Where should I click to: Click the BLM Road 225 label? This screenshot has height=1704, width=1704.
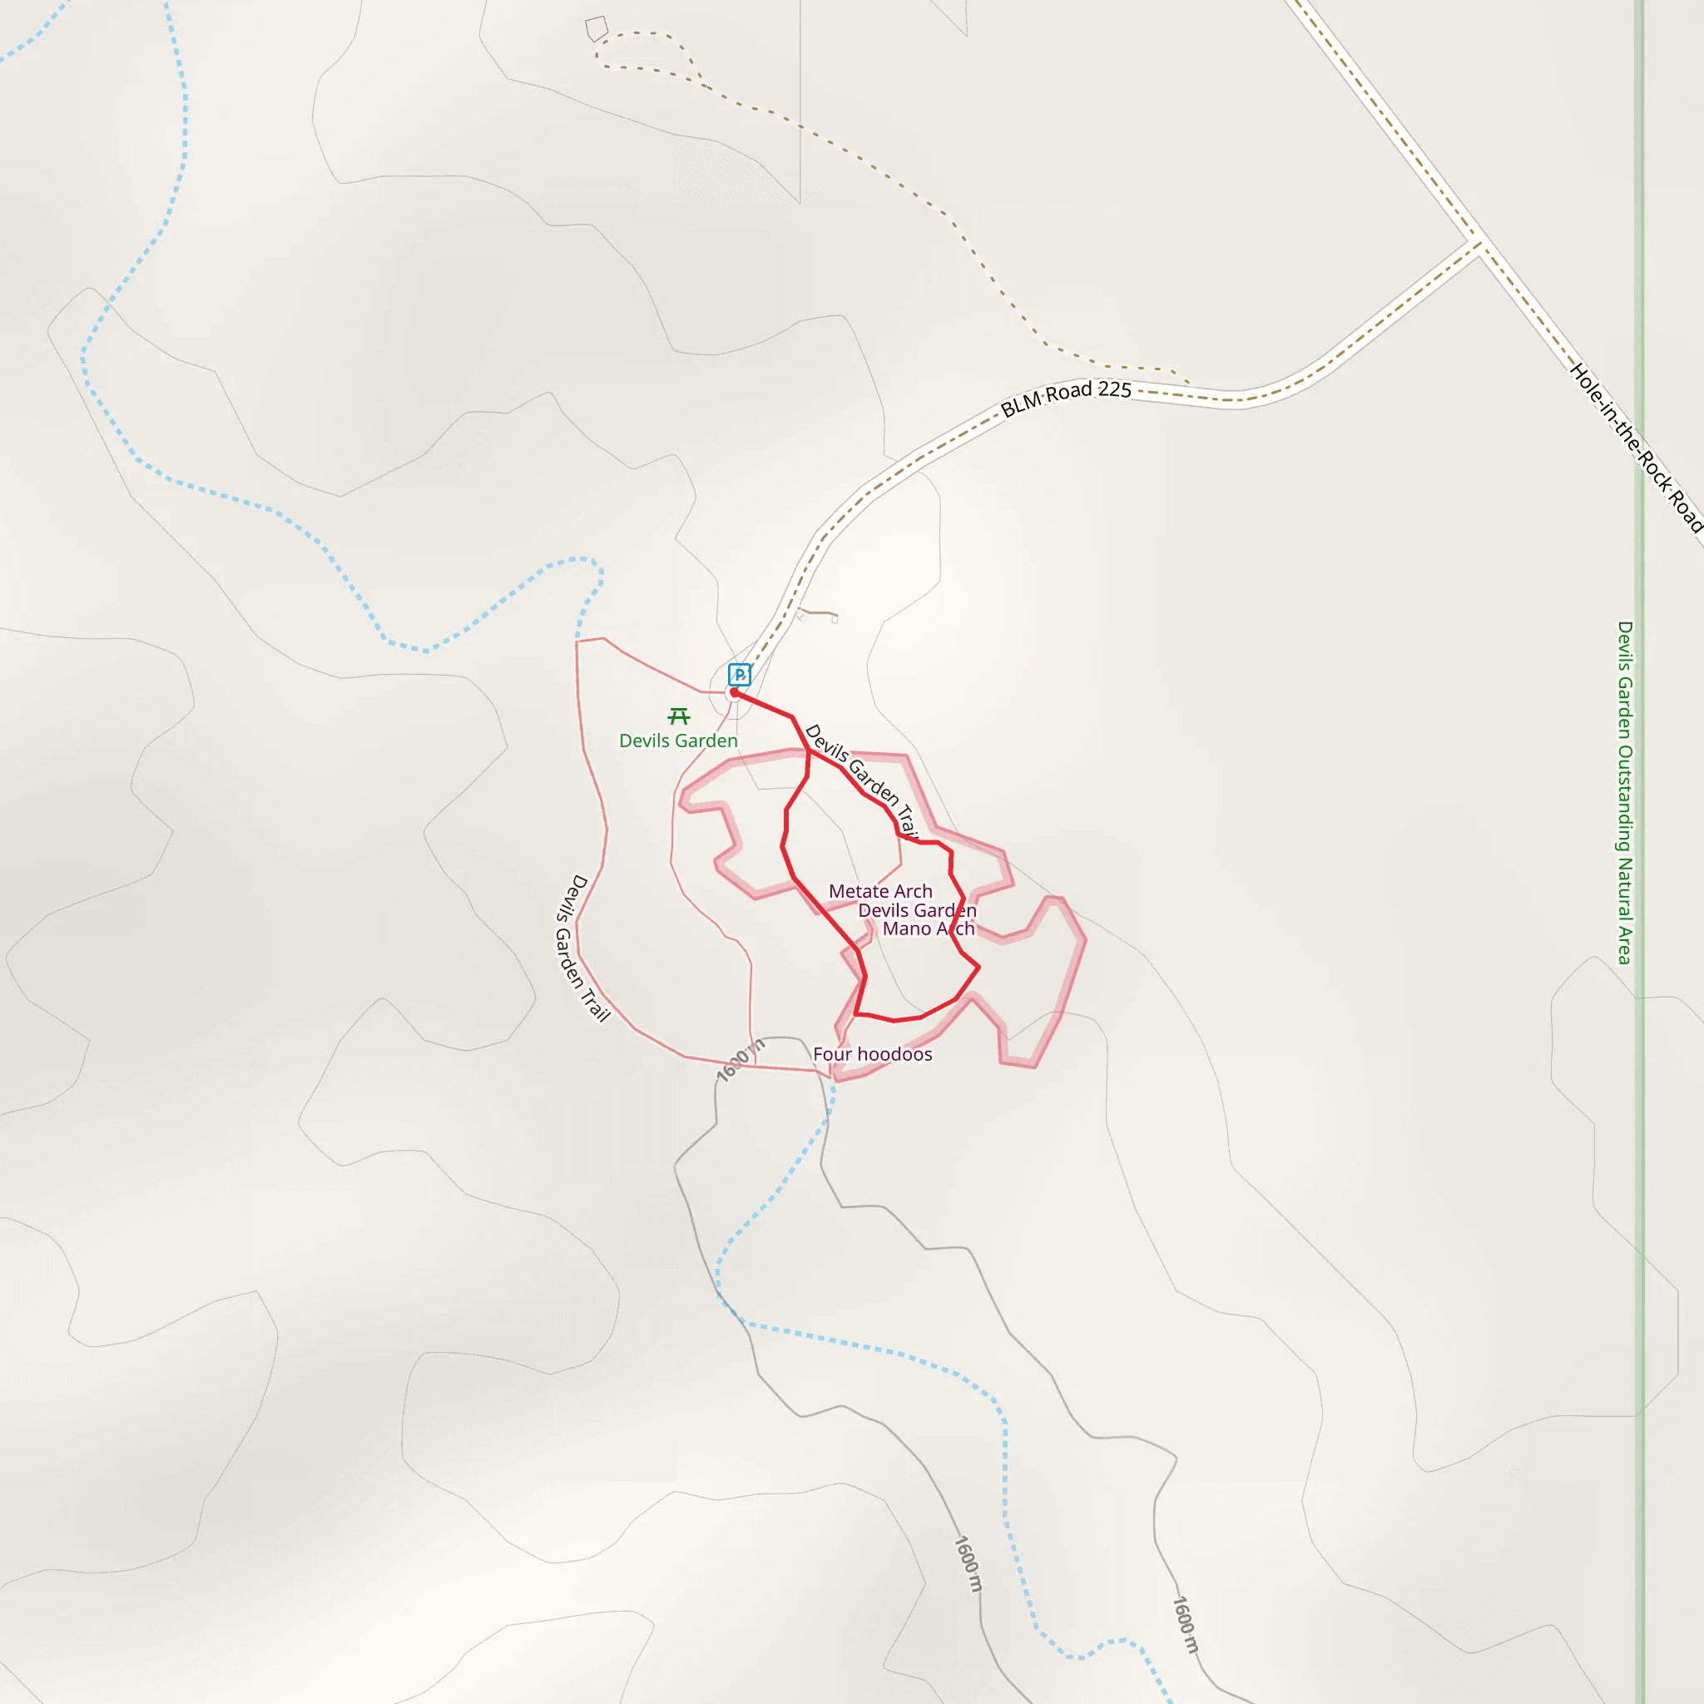[1066, 398]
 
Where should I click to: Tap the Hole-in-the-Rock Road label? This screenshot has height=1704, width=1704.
[1637, 449]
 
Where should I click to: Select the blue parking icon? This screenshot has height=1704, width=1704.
[739, 675]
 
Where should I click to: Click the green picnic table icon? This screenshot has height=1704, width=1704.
[678, 716]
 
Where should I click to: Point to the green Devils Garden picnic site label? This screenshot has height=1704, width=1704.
[678, 741]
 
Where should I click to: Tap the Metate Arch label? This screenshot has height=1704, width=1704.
[880, 892]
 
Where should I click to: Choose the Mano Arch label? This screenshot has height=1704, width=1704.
[929, 929]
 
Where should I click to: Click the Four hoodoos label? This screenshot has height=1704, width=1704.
[872, 1054]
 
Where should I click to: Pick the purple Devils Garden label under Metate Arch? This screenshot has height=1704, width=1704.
[917, 910]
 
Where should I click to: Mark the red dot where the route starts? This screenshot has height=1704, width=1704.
[734, 692]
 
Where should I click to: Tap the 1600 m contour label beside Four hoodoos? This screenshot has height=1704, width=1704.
[739, 1060]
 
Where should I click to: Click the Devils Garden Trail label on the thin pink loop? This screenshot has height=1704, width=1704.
[583, 949]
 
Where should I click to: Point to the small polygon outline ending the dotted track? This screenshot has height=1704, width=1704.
[597, 28]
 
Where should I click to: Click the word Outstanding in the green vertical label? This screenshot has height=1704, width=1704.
[1625, 799]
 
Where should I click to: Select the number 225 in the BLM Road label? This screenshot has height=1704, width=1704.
[1115, 390]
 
